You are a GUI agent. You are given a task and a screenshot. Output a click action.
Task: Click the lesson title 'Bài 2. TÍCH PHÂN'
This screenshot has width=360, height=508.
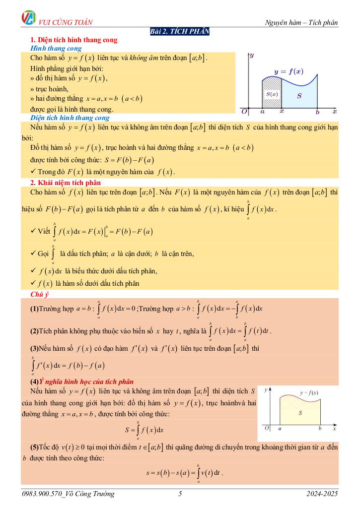tap(180, 32)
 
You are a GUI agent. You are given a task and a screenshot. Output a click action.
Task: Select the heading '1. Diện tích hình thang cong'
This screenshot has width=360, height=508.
tap(74, 40)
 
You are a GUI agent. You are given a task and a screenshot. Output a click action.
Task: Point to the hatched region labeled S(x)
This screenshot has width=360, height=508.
tap(271, 94)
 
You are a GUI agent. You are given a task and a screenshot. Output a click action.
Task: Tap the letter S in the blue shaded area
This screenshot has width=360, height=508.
tap(299, 96)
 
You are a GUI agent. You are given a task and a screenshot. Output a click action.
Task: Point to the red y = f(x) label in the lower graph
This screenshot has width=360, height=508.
tap(309, 392)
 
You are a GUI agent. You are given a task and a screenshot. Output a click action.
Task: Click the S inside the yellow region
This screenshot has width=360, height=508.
tap(300, 412)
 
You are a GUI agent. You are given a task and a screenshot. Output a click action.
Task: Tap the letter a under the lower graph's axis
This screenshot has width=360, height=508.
tap(280, 428)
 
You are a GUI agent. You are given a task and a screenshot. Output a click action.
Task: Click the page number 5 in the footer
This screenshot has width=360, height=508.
tap(180, 494)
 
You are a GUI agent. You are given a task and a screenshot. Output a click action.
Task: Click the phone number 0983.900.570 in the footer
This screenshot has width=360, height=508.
tap(46, 494)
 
